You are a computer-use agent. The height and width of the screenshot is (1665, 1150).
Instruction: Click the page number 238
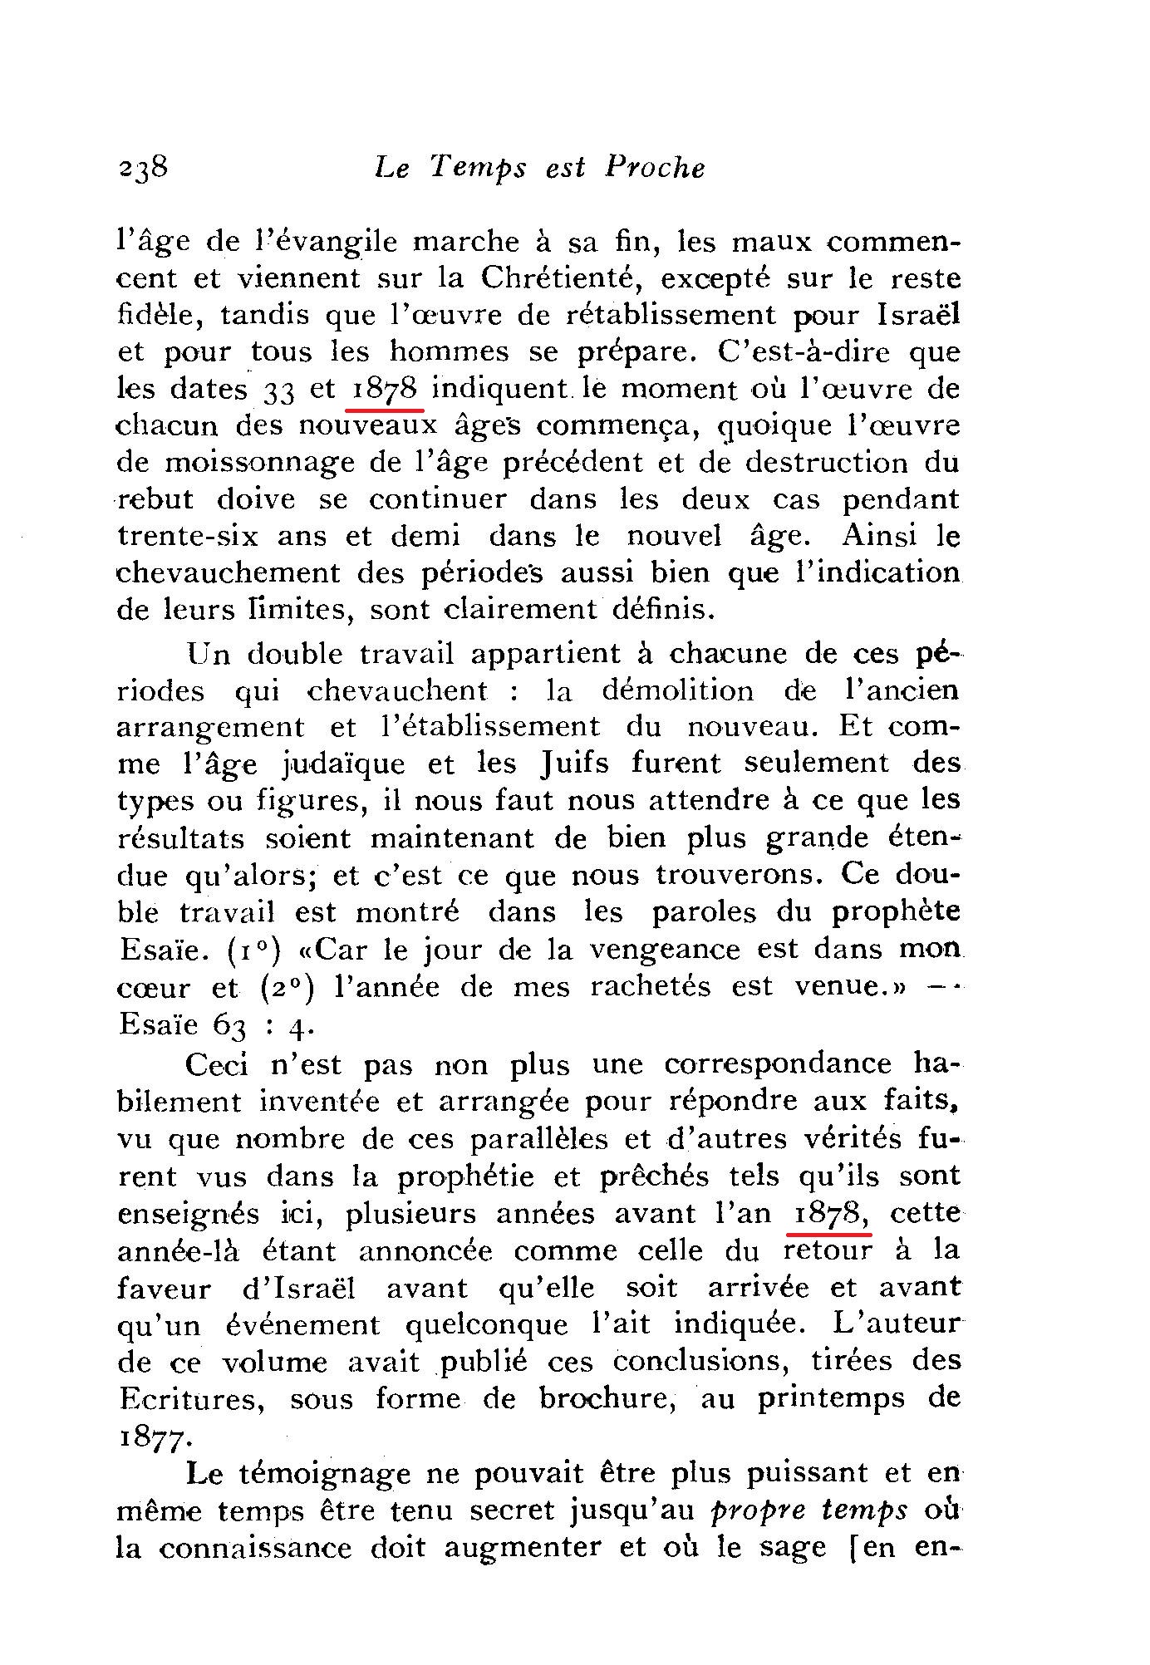click(x=144, y=168)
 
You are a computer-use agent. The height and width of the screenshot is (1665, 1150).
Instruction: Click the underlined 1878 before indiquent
click(x=384, y=389)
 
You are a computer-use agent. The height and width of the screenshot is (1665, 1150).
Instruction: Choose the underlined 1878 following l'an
click(x=827, y=1214)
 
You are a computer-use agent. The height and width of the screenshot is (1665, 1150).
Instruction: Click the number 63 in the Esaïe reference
click(x=230, y=1025)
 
